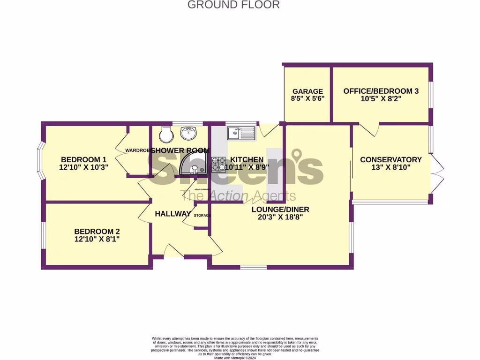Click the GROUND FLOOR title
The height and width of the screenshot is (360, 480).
coord(233,5)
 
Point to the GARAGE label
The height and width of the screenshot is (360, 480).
coord(307,91)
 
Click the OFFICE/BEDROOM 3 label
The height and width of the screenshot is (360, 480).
coord(381,91)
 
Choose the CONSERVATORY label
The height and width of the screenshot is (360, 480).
coord(390,159)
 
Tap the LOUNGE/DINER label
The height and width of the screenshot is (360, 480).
coord(280,209)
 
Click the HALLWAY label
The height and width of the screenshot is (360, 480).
coord(173,214)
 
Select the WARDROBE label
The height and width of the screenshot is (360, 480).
coord(137,150)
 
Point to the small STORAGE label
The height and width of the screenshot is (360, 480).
coord(202,215)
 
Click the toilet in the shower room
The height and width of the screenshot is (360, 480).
coord(165,135)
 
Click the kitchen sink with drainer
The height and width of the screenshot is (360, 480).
coord(241,134)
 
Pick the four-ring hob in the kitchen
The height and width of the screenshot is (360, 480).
coord(218,164)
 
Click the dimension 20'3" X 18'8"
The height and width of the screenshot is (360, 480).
coord(280,217)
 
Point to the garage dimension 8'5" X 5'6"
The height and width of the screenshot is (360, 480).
coord(307,99)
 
